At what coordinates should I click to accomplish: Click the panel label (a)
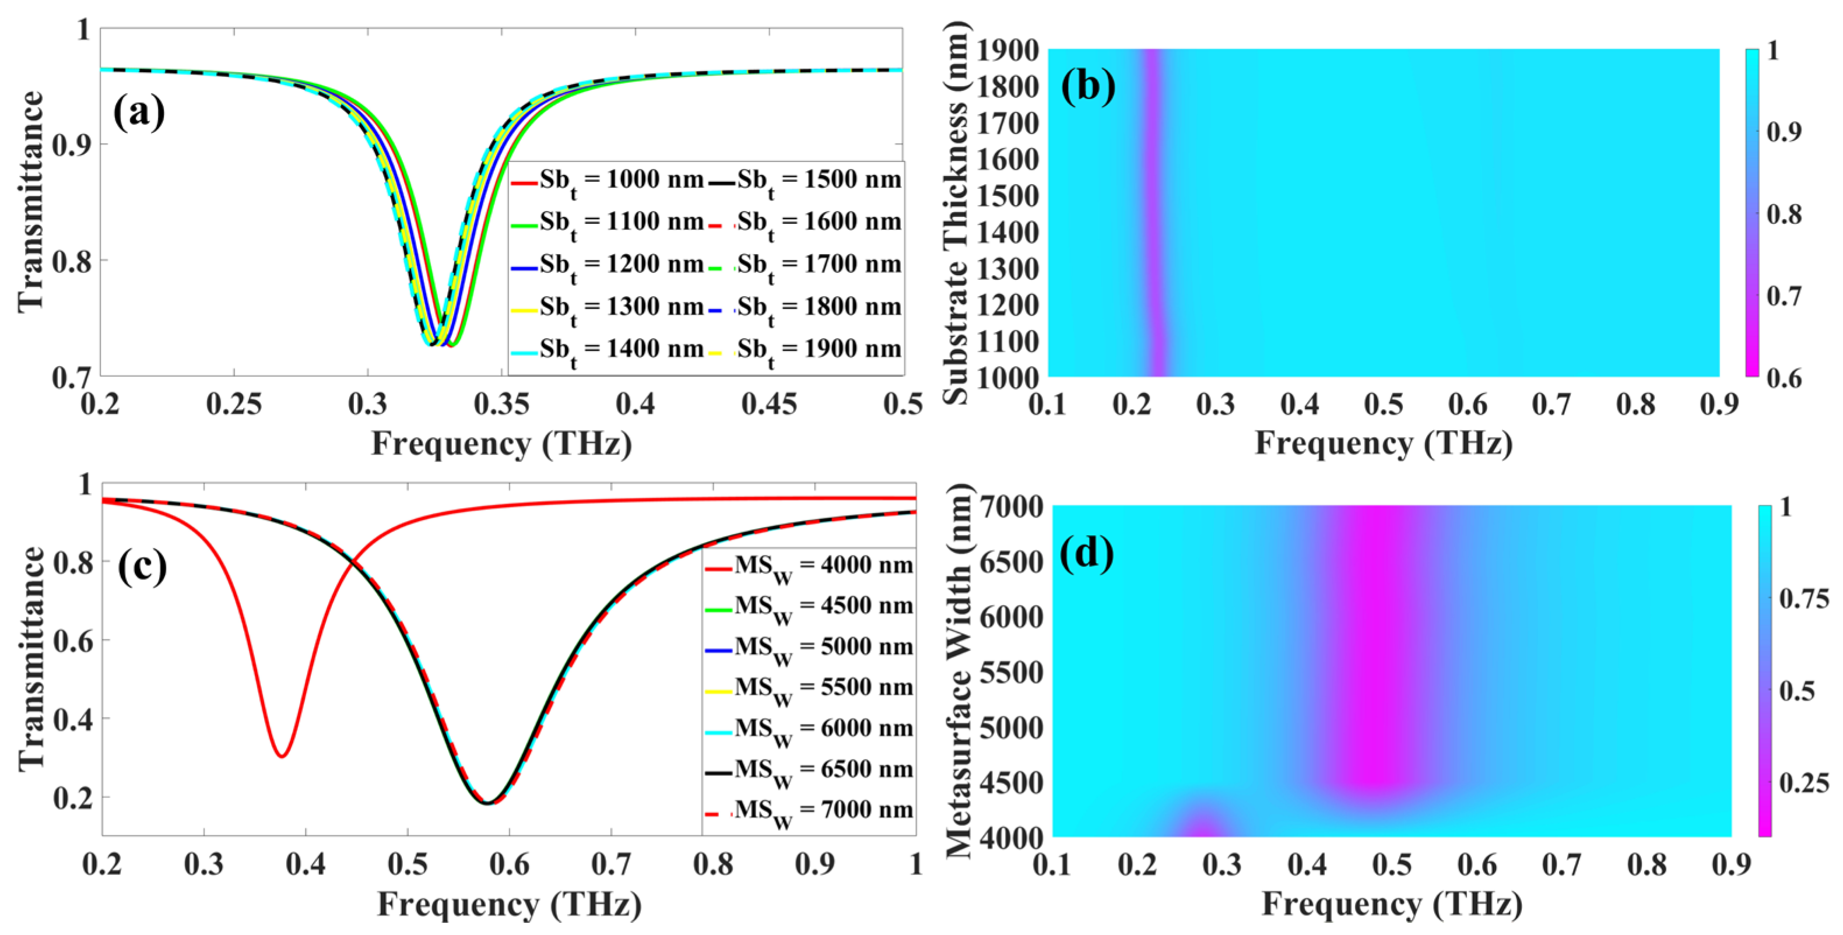click(139, 113)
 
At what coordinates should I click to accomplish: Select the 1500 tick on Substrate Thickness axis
click(1007, 196)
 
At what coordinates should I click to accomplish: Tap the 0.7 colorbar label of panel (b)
click(1784, 296)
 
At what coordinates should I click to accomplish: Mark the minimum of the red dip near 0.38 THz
click(283, 756)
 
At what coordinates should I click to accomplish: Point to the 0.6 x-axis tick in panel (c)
click(510, 864)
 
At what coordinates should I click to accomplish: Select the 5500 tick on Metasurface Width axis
click(1011, 673)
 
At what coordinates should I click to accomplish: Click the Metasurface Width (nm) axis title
click(959, 671)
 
